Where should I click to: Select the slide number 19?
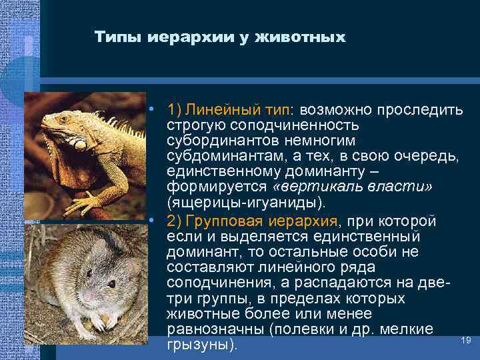[466, 341]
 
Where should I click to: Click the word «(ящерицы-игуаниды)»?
[226, 202]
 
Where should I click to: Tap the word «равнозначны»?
[213, 330]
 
